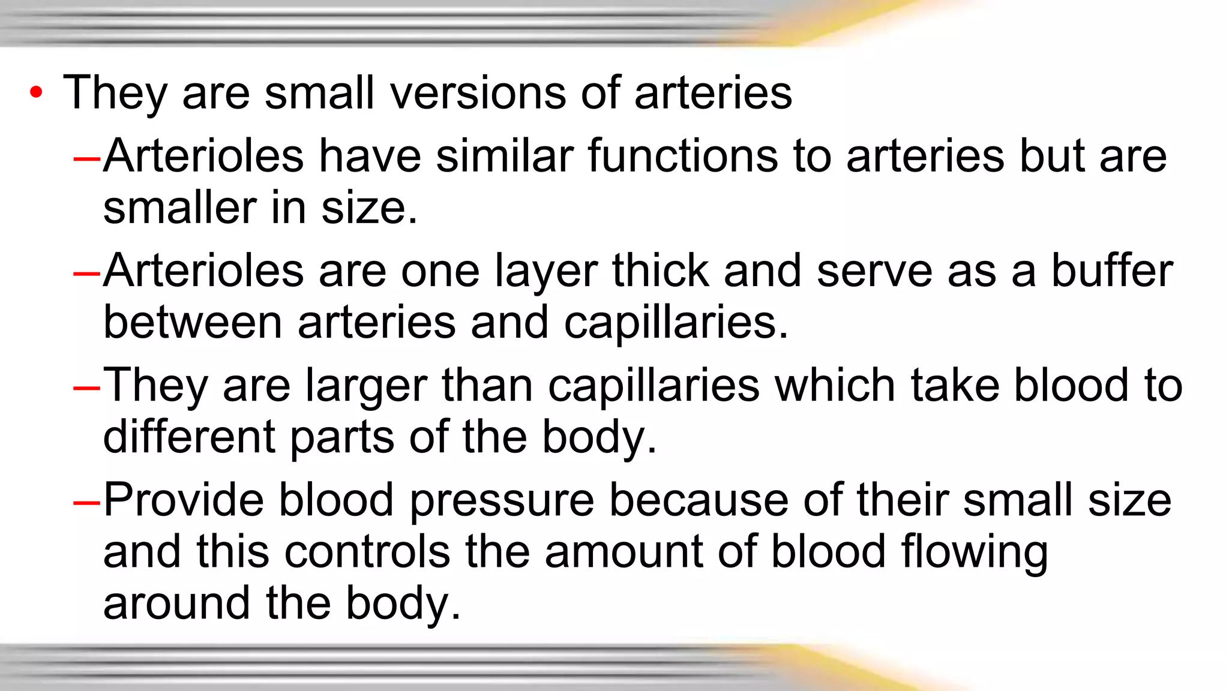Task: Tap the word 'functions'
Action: (682, 156)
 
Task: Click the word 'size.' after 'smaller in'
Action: (369, 208)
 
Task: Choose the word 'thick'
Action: (660, 271)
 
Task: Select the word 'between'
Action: (193, 322)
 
